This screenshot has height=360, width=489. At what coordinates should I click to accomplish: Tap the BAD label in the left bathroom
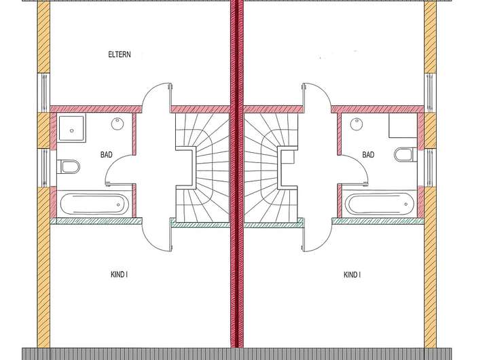[106, 155]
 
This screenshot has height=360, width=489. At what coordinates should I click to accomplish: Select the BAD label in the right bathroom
[368, 155]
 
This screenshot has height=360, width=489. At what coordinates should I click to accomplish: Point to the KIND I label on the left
[119, 274]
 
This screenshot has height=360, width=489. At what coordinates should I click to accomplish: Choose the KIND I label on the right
[352, 274]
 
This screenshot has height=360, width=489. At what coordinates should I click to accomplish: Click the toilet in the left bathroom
[69, 166]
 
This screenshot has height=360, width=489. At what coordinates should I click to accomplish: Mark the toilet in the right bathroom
[404, 155]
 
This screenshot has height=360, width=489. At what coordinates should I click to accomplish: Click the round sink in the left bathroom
[117, 124]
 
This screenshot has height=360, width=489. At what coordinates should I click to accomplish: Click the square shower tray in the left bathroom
[69, 127]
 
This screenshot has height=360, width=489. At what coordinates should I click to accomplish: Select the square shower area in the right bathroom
[401, 127]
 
